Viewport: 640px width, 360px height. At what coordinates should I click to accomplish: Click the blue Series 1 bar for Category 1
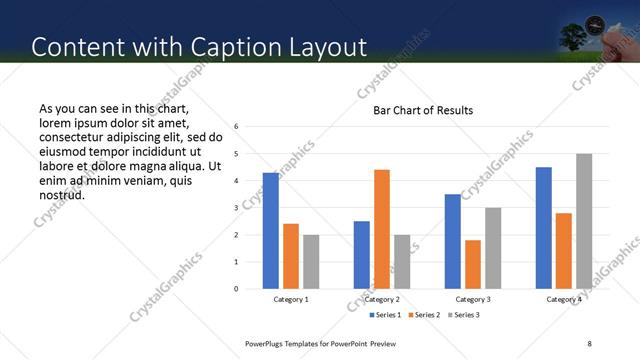click(271, 231)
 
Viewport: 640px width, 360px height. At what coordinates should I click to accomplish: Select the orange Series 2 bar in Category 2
click(382, 229)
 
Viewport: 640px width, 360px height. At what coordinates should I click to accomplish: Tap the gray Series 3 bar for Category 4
click(584, 221)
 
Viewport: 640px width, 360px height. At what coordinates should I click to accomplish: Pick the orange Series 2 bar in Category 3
click(473, 264)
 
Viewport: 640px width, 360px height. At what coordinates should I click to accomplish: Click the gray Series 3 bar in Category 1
click(311, 262)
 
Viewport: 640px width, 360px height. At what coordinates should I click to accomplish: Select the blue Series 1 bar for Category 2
click(362, 255)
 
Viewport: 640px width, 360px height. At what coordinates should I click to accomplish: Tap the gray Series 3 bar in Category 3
click(493, 248)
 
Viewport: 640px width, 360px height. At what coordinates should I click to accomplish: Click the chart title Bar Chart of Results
click(423, 110)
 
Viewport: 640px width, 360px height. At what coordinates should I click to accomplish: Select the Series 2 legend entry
click(426, 315)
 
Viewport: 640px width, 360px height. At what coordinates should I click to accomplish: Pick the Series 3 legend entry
click(465, 315)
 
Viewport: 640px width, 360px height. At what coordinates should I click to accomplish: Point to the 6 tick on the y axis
click(236, 127)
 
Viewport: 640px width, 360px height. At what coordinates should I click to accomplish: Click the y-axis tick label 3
click(236, 208)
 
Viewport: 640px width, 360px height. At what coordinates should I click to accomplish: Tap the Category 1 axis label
click(291, 299)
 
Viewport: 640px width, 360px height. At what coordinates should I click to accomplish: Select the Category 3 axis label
click(473, 299)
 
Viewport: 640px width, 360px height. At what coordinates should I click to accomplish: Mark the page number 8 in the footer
click(589, 343)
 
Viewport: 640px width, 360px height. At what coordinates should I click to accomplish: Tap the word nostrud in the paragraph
click(61, 195)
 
